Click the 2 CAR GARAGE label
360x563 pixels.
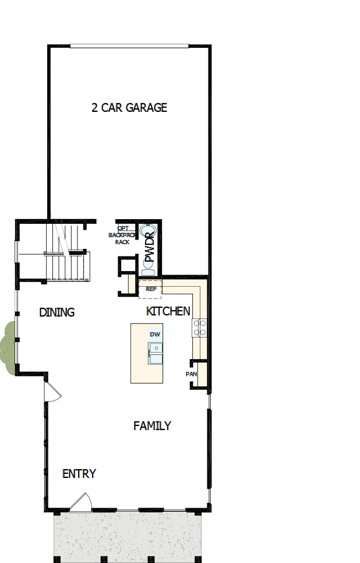click(129, 108)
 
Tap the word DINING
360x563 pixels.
click(57, 312)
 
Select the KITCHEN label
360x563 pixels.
click(168, 311)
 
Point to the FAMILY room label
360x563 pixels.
click(152, 426)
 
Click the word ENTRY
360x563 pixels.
click(79, 474)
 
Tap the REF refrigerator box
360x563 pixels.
click(151, 289)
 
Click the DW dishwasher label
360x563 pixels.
click(155, 335)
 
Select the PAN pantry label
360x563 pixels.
click(191, 374)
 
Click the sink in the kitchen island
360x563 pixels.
click(155, 353)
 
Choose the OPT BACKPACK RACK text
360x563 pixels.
click(122, 235)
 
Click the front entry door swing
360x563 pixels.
click(81, 502)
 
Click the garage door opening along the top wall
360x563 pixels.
click(129, 46)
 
